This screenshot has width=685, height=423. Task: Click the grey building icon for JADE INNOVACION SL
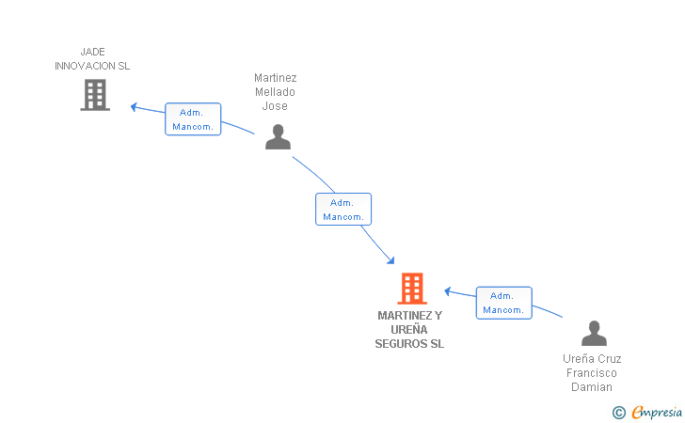point(95,95)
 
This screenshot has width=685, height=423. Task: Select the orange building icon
point(412,289)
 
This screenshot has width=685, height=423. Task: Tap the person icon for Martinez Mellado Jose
point(278,136)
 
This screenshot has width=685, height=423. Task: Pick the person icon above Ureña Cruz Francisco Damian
point(594,333)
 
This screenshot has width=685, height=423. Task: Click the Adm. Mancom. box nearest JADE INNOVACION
point(193,119)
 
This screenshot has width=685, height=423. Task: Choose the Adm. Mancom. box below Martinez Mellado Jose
point(343,209)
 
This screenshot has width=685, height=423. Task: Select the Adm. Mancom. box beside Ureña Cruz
point(504,303)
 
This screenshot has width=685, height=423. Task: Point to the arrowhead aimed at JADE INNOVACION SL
point(135,106)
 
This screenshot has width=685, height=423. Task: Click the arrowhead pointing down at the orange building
point(390,260)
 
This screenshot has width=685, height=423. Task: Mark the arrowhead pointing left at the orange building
point(448,291)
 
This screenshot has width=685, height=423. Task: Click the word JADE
point(92,52)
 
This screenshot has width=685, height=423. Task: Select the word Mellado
point(275,92)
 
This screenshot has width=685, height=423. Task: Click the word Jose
point(275,106)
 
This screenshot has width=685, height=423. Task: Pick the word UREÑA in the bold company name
point(409,330)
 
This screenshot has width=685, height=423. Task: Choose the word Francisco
point(592,373)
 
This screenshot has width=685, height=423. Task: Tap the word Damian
point(592,387)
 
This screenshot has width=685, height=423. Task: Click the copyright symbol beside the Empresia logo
point(619,413)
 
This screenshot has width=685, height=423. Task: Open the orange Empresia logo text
point(657,413)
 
